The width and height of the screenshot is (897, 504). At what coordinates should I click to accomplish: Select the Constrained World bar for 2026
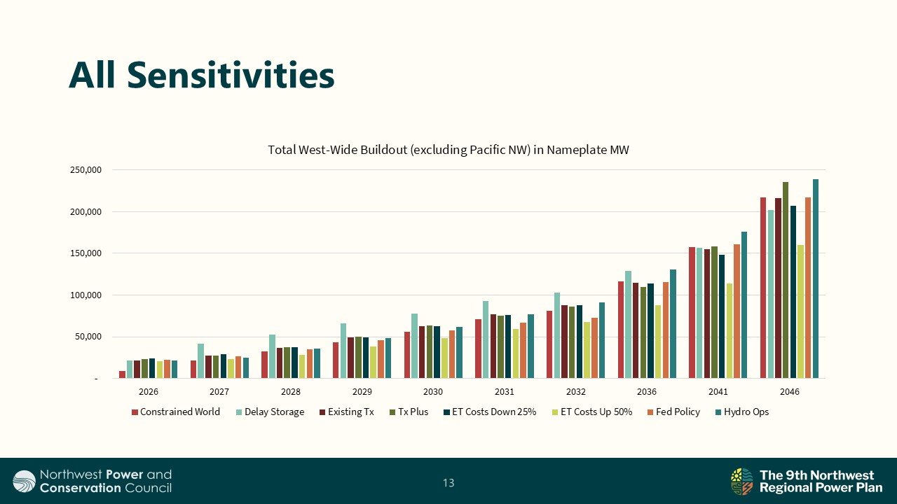click(x=122, y=374)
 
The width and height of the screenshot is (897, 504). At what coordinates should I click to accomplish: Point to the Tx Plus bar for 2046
click(x=786, y=280)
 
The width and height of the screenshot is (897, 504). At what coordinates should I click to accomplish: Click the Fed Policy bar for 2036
click(x=665, y=330)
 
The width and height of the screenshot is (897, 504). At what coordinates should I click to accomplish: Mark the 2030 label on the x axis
click(x=433, y=392)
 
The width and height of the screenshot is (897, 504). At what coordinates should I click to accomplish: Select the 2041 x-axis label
click(x=718, y=392)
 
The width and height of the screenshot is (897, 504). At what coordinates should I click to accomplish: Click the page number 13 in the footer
click(x=448, y=482)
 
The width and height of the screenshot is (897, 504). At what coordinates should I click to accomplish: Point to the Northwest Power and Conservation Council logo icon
click(x=24, y=482)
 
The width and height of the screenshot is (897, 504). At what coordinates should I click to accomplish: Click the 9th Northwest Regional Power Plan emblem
click(x=741, y=482)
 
